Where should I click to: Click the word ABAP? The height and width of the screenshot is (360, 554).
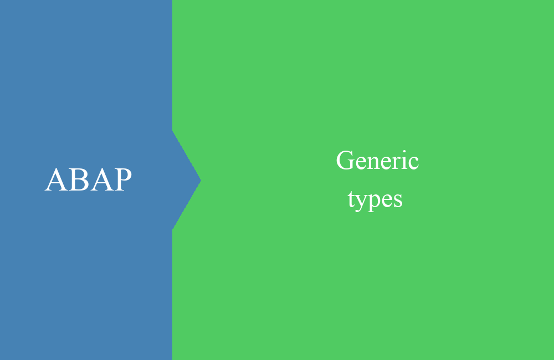pyautogui.click(x=88, y=179)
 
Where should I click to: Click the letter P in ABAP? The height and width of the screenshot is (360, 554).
pyautogui.click(x=123, y=179)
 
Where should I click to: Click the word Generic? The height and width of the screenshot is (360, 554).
pyautogui.click(x=377, y=161)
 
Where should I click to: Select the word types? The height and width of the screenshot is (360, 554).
pyautogui.click(x=375, y=200)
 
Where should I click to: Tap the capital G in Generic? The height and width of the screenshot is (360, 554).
pyautogui.click(x=345, y=161)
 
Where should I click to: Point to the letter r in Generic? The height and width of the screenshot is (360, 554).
pyautogui.click(x=399, y=163)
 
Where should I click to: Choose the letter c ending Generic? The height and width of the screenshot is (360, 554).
pyautogui.click(x=415, y=163)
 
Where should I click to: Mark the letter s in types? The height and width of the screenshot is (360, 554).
pyautogui.click(x=398, y=201)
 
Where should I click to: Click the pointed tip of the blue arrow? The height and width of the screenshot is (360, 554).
pyautogui.click(x=201, y=180)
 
